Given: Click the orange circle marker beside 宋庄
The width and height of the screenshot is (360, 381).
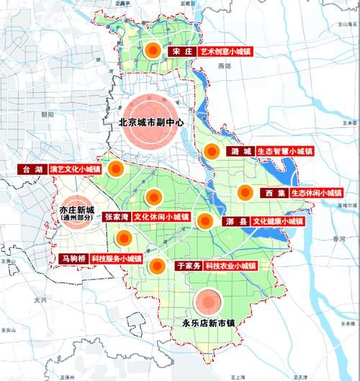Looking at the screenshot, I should (x=152, y=51).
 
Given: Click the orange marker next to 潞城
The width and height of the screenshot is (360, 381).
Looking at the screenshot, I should (x=211, y=152).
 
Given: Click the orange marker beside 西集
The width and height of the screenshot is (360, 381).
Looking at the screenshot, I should (x=246, y=192).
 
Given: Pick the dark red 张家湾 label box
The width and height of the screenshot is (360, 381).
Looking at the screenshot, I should (x=116, y=216).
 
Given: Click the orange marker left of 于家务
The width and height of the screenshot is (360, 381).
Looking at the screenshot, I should (x=156, y=266).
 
